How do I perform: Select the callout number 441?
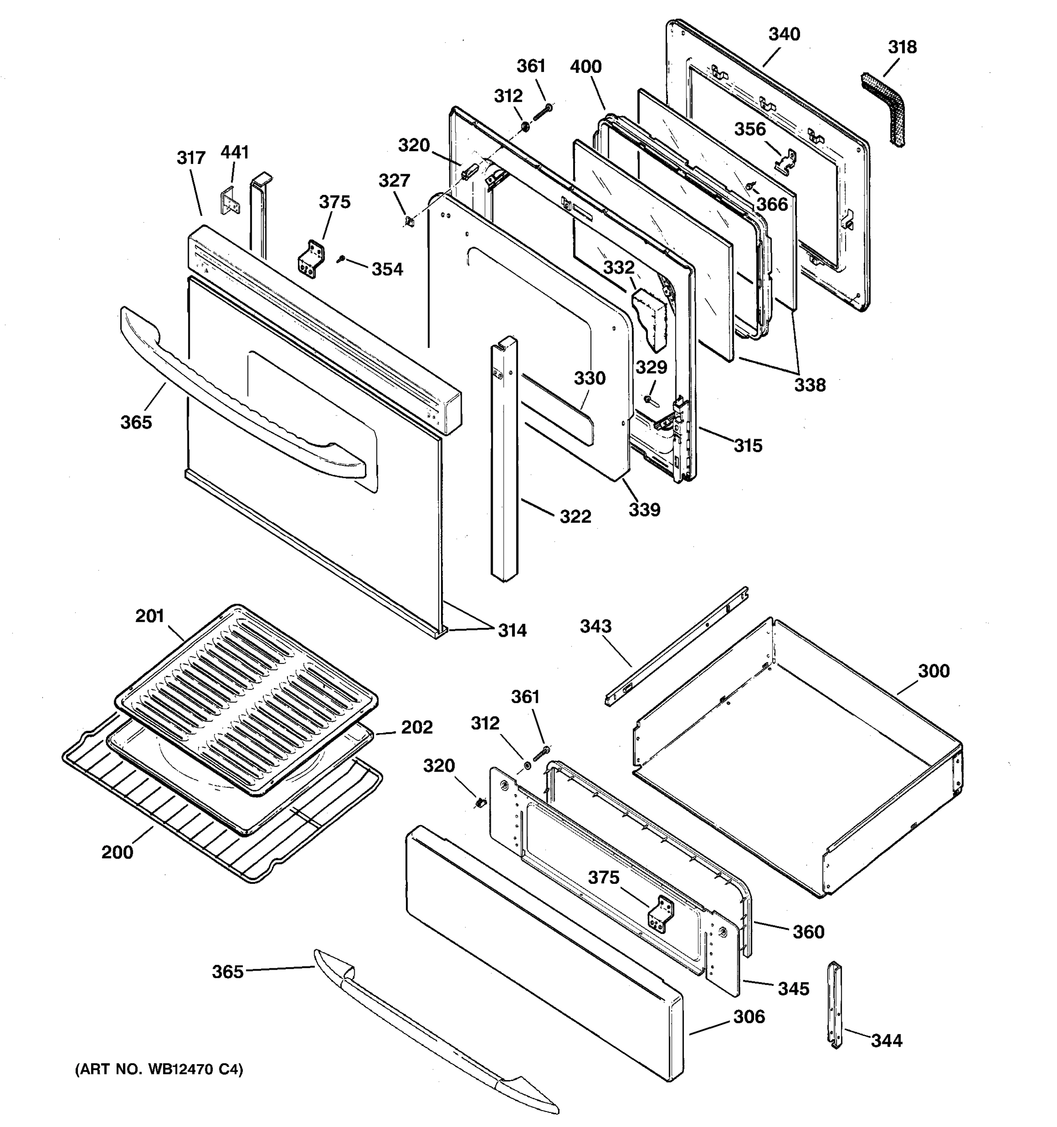pyautogui.click(x=235, y=153)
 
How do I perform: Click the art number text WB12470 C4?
pyautogui.click(x=159, y=1070)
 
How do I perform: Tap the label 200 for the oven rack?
pyautogui.click(x=117, y=852)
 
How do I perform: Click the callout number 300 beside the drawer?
pyautogui.click(x=933, y=671)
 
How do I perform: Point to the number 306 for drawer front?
pyautogui.click(x=749, y=1017)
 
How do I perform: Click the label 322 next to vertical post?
pyautogui.click(x=575, y=517)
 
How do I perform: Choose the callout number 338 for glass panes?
pyautogui.click(x=809, y=386)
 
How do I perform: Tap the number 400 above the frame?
pyautogui.click(x=586, y=67)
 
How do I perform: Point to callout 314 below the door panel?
pyautogui.click(x=512, y=630)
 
